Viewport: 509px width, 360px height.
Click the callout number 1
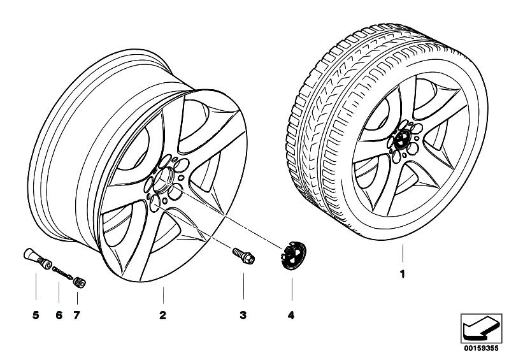coord(402,276)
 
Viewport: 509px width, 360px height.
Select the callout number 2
coord(162,315)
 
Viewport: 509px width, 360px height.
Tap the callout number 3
coord(243,315)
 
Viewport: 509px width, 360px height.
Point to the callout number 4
coord(292,315)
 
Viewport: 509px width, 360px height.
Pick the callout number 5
coord(36,315)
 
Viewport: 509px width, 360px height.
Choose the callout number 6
coord(59,315)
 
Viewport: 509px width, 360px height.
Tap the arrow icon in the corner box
coord(479,326)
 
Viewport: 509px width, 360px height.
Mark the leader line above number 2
coord(162,294)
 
